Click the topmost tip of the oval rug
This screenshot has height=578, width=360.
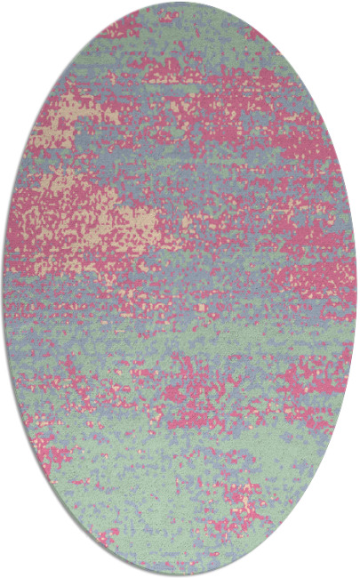pos(180,3)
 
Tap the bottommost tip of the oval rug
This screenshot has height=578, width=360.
pos(180,575)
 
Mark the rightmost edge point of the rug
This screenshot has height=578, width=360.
pos(356,289)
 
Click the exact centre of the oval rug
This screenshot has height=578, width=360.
pos(180,289)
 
